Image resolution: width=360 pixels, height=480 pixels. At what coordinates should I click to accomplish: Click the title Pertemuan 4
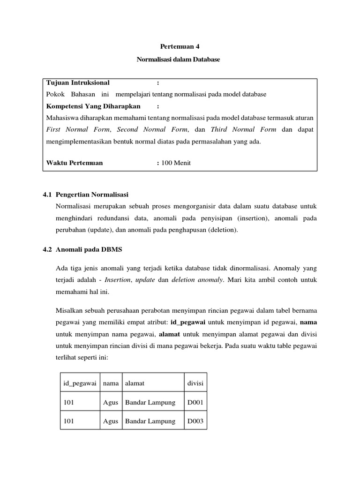[180, 46]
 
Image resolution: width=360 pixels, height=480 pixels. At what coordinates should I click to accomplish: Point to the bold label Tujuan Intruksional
[78, 83]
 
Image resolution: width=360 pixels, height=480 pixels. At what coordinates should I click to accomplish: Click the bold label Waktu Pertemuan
[75, 163]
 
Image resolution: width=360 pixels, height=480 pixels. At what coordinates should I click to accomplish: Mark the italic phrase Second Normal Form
[153, 129]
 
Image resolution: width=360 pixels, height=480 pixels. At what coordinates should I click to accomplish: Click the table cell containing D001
[195, 402]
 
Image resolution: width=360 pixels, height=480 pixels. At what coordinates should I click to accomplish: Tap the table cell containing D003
[195, 421]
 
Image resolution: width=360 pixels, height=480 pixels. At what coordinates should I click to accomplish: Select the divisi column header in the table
[195, 383]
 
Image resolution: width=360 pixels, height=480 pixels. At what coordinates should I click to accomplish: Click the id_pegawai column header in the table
[80, 383]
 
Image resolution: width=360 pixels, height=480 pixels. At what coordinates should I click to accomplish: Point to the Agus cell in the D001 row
[110, 402]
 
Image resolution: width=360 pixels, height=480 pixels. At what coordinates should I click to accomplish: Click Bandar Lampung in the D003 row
[150, 421]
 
